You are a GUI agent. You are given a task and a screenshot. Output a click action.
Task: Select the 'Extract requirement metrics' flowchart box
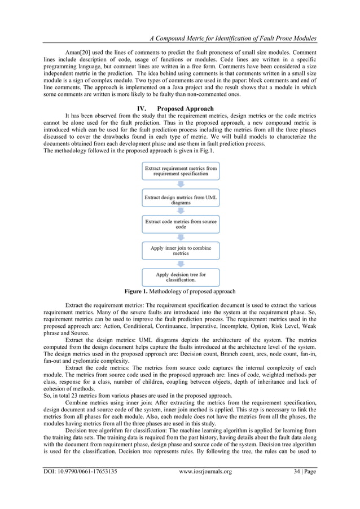[x=180, y=171]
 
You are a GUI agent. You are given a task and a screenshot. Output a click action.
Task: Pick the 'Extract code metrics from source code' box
[x=180, y=224]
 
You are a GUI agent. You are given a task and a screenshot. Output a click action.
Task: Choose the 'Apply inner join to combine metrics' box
[x=180, y=251]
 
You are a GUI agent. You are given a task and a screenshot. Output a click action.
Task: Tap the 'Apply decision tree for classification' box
[x=180, y=277]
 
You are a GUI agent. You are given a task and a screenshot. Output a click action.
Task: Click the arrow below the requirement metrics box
[x=180, y=185]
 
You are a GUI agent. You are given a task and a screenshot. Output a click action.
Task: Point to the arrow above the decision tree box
[x=180, y=264]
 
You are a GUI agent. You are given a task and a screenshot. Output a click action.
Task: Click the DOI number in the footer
[x=81, y=484]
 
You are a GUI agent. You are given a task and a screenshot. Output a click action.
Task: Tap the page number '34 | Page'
[x=299, y=484]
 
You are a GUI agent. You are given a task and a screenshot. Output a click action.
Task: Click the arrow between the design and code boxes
[x=180, y=211]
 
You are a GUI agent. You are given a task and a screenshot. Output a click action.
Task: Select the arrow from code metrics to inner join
[x=180, y=238]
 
